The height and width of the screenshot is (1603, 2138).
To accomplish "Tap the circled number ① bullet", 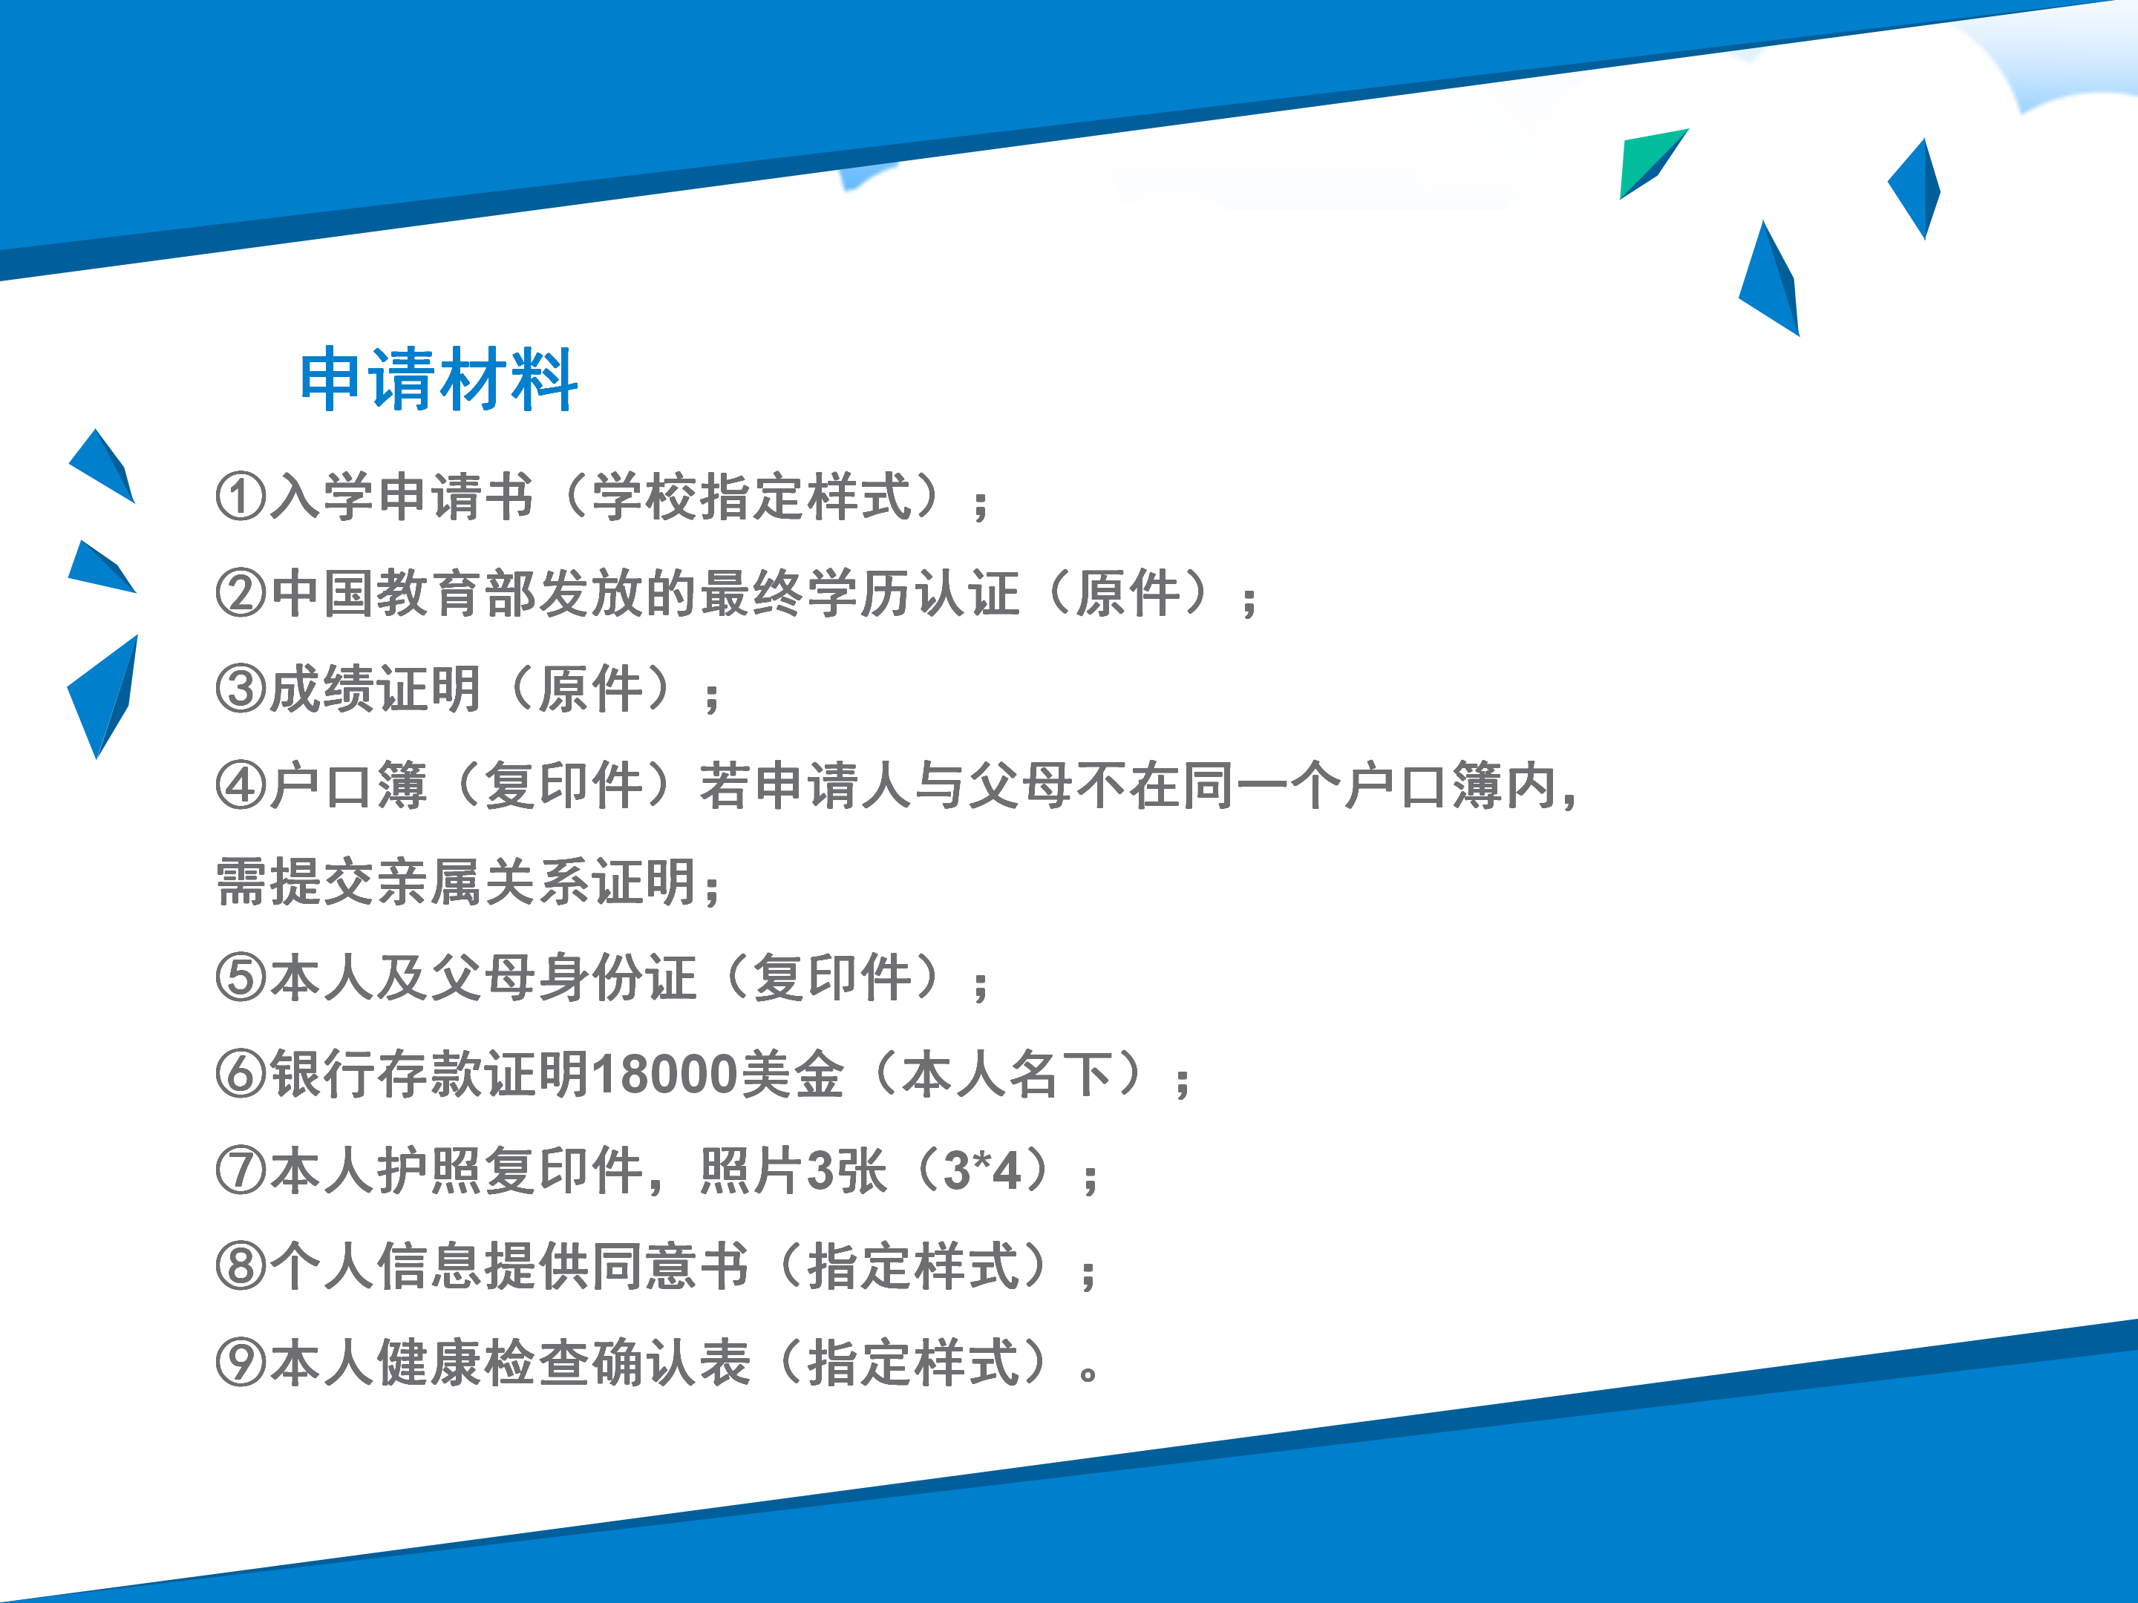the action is click(x=241, y=496).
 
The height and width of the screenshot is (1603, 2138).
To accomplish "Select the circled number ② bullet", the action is click(x=241, y=593).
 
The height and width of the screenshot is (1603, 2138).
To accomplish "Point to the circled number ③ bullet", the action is click(x=241, y=689).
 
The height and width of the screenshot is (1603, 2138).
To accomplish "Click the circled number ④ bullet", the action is click(x=241, y=786).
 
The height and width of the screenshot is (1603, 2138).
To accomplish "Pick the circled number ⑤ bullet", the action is click(x=241, y=978).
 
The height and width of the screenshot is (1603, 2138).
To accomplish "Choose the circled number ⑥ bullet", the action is click(x=241, y=1075).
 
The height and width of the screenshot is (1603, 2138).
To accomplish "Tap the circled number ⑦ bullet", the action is click(x=241, y=1171).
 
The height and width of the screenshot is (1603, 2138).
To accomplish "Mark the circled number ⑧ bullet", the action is click(x=241, y=1267).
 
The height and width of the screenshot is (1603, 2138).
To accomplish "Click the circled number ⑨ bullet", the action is click(x=241, y=1363).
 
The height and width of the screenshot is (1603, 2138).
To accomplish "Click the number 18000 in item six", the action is click(x=666, y=1075).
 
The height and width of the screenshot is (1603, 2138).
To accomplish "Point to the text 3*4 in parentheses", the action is click(x=982, y=1171).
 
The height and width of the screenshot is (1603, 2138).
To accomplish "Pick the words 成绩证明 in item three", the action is click(x=375, y=689).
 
